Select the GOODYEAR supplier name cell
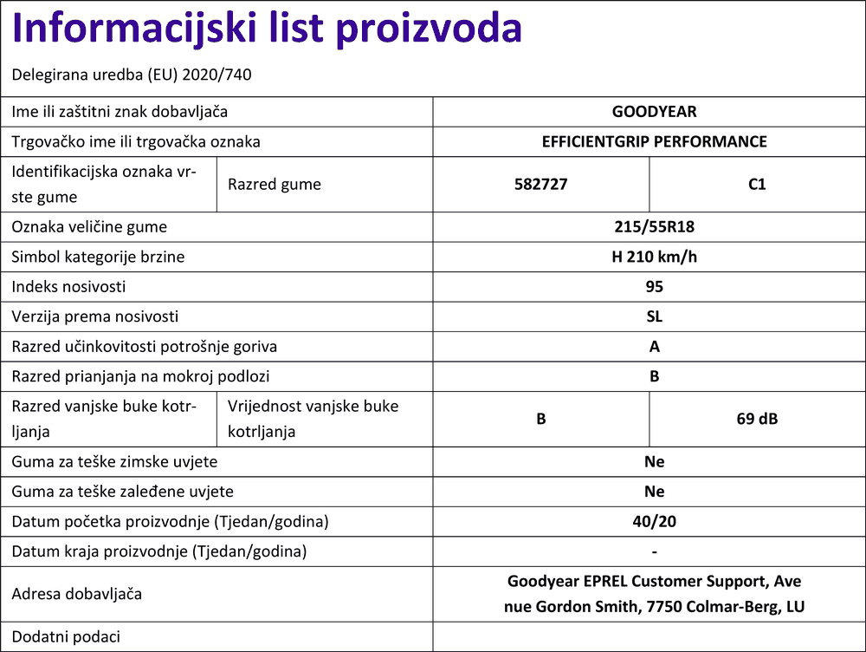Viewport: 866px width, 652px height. pyautogui.click(x=654, y=112)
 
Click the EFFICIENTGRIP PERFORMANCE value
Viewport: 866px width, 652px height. pyautogui.click(x=654, y=141)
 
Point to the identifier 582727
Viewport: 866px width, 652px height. pyautogui.click(x=540, y=184)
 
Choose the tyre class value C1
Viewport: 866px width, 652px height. pyautogui.click(x=757, y=184)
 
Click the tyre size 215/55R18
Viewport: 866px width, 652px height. pyautogui.click(x=654, y=227)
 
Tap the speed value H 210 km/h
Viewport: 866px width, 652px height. pyautogui.click(x=654, y=257)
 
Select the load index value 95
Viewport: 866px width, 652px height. pyautogui.click(x=654, y=286)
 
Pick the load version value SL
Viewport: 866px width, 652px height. pyautogui.click(x=654, y=316)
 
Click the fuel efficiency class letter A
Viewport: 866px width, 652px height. pyautogui.click(x=654, y=347)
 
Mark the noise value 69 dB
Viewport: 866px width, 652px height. pyautogui.click(x=757, y=419)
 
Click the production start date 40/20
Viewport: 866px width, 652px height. pyautogui.click(x=654, y=522)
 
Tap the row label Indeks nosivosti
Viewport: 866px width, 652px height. pyautogui.click(x=68, y=286)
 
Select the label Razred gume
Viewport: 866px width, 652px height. pyautogui.click(x=274, y=184)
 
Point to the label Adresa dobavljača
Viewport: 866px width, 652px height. pyautogui.click(x=76, y=594)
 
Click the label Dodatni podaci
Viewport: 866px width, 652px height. pyautogui.click(x=66, y=636)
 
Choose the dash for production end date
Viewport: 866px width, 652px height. pyautogui.click(x=654, y=551)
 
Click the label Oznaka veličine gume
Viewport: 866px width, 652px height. pyautogui.click(x=89, y=227)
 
